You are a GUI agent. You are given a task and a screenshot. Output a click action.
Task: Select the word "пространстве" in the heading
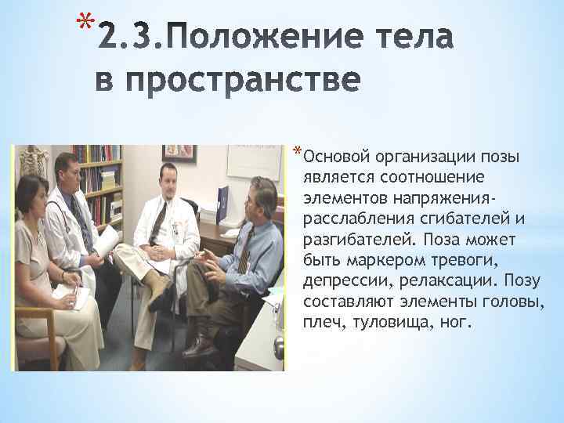(228, 81)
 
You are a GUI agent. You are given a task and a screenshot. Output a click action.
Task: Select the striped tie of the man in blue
(246, 249)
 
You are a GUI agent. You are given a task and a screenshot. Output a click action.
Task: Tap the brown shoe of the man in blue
(200, 344)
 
